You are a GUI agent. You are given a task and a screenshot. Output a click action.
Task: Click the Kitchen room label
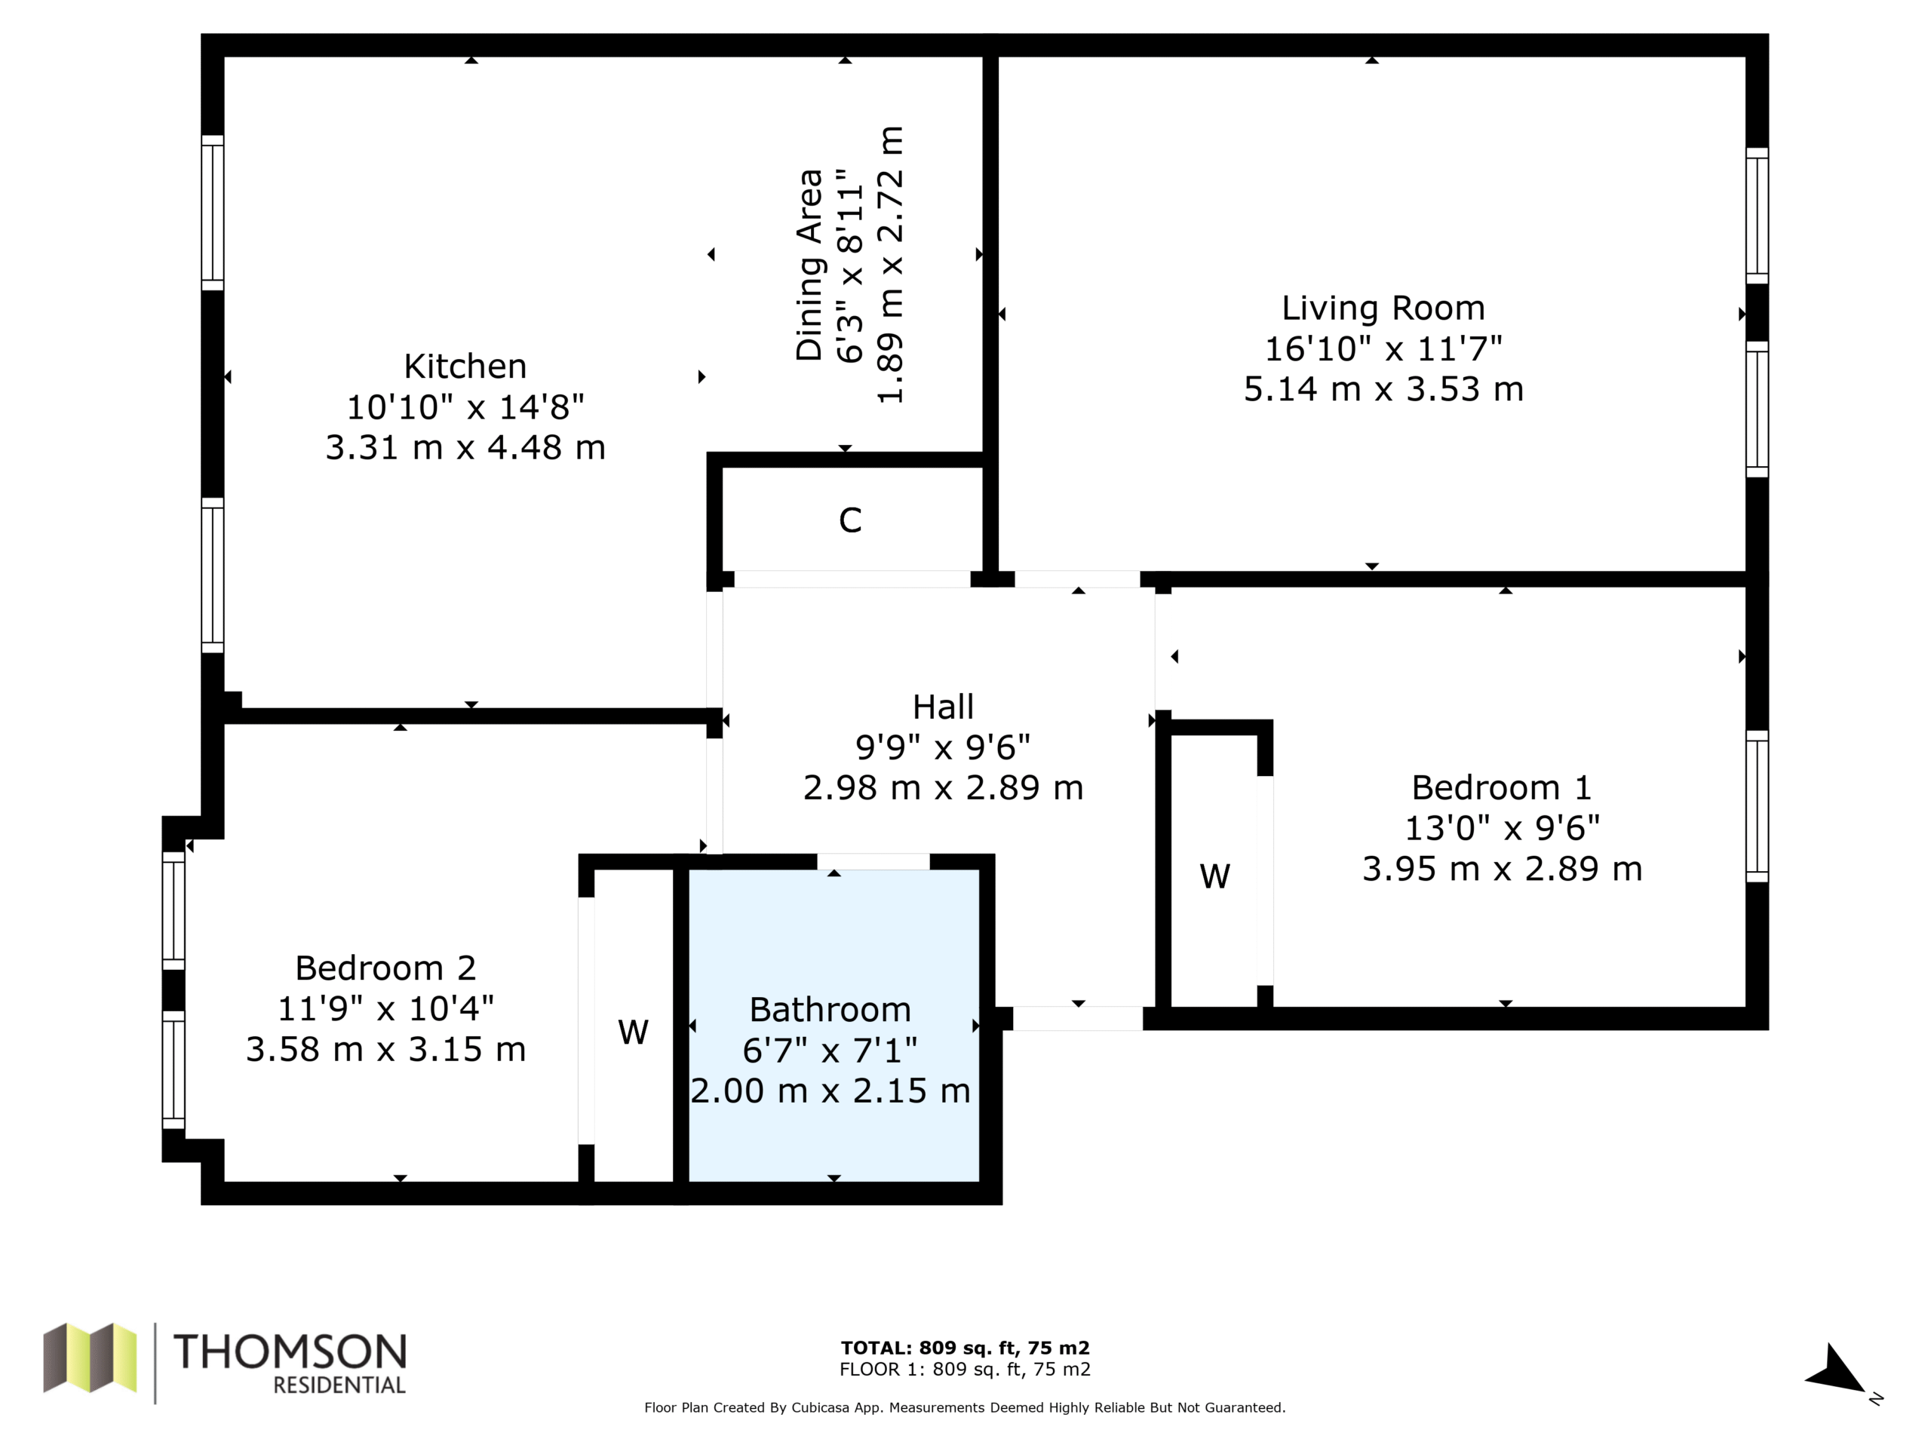(465, 367)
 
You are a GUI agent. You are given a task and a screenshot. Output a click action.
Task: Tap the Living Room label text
(1383, 308)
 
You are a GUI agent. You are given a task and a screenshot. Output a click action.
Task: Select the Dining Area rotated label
(809, 265)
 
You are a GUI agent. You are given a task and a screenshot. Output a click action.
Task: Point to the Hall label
(943, 706)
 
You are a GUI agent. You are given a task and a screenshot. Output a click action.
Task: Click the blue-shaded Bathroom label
(830, 1010)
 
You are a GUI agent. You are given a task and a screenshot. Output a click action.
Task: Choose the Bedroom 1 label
(1502, 787)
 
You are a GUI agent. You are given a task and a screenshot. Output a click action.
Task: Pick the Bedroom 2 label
(386, 968)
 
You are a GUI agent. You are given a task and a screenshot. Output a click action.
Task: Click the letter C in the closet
(850, 520)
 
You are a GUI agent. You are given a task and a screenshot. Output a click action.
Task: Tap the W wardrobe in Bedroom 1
(1215, 876)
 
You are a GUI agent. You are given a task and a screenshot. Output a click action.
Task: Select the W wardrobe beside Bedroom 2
(633, 1032)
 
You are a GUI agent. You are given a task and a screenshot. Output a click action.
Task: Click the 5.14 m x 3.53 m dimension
(1383, 389)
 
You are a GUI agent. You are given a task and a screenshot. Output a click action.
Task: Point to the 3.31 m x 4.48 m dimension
(465, 448)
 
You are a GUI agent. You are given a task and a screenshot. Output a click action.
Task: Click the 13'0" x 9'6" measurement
(1502, 827)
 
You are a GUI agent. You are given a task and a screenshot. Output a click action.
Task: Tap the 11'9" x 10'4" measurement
(386, 1009)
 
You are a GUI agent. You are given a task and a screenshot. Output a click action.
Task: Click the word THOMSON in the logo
(290, 1352)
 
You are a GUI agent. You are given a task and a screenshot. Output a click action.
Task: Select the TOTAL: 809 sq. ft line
(965, 1348)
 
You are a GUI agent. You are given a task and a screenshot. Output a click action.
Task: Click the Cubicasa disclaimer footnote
(965, 1407)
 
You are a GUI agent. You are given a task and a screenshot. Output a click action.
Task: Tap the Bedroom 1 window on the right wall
(1758, 806)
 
